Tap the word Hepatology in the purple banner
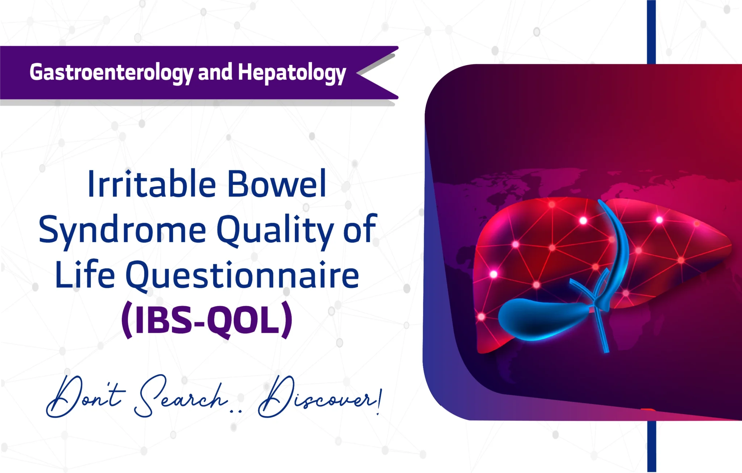(292, 72)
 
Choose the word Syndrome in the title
(122, 230)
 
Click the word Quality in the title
(275, 230)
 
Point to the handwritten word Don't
(85, 397)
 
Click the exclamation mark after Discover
(379, 401)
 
